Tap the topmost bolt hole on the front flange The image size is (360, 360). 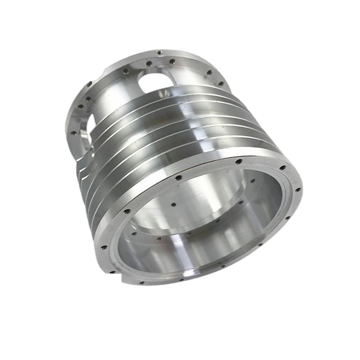(x=238, y=161)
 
